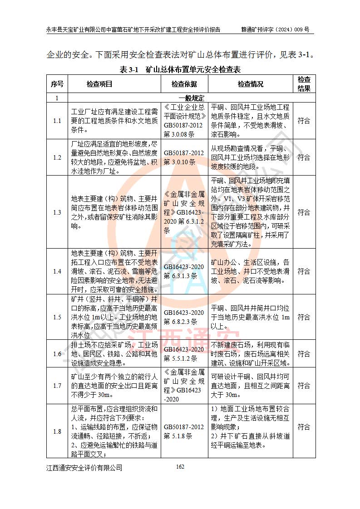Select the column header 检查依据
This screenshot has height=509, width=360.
[x=184, y=84]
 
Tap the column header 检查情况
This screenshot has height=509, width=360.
[x=250, y=84]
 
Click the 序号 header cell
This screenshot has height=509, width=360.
[x=57, y=84]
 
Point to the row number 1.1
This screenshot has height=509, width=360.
[x=57, y=121]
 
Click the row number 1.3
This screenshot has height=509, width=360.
[x=57, y=212]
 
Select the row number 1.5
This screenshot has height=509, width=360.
[x=57, y=317]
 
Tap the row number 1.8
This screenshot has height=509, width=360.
[x=57, y=431]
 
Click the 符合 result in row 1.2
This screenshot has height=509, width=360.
[x=304, y=157]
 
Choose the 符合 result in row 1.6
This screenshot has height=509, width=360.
[x=304, y=354]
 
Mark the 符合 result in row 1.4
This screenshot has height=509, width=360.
[x=304, y=271]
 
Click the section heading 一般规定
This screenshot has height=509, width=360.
[x=191, y=98]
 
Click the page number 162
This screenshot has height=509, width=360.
[x=180, y=467]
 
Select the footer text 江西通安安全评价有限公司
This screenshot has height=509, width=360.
[x=84, y=468]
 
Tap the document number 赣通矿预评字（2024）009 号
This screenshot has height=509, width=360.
[x=275, y=30]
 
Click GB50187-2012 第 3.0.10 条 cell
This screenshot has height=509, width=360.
[x=184, y=157]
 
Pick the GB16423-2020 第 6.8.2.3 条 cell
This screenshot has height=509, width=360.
[x=184, y=317]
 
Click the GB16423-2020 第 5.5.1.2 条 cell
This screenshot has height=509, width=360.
[x=184, y=354]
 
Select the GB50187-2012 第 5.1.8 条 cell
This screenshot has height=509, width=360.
[x=184, y=431]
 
